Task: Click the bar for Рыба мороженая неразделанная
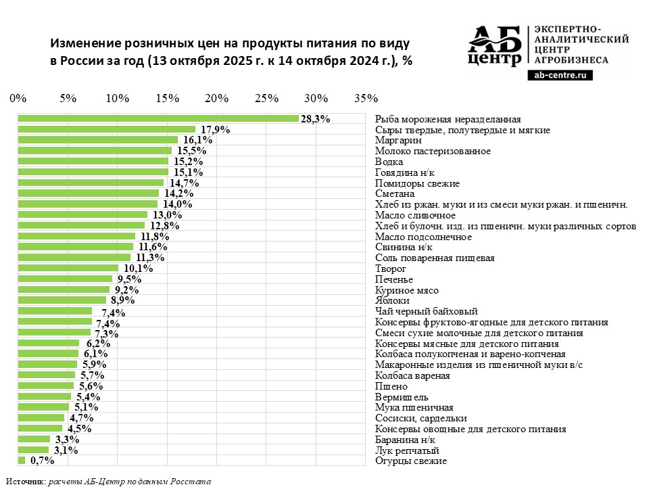(158, 119)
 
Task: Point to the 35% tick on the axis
(366, 98)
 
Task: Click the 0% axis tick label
(18, 98)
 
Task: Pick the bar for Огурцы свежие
(22, 461)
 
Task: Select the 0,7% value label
(41, 461)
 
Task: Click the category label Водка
(389, 162)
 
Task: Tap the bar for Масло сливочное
(82, 215)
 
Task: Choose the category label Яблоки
(392, 300)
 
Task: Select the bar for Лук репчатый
(33, 450)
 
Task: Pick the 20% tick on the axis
(217, 98)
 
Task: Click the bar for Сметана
(89, 193)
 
